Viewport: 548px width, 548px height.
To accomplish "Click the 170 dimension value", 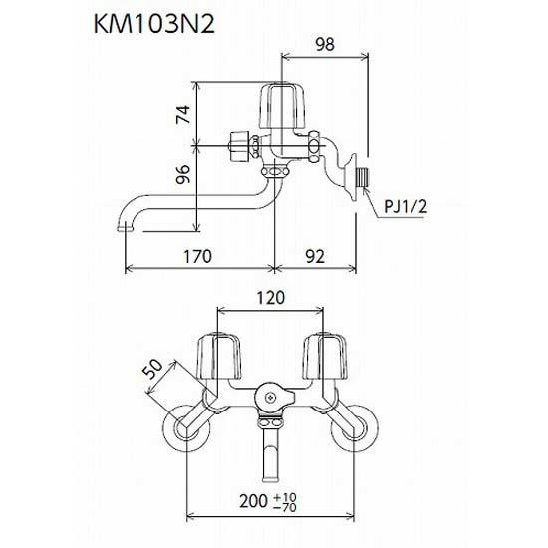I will pyautogui.click(x=198, y=257).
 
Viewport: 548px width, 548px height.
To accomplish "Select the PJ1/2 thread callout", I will pyautogui.click(x=406, y=206).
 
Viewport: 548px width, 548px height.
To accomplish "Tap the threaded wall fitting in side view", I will pyautogui.click(x=360, y=179).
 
